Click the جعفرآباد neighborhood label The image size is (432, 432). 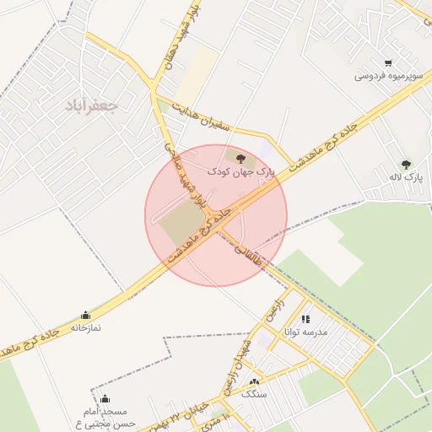pos(93,105)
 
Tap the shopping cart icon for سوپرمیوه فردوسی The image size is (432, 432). pos(387,62)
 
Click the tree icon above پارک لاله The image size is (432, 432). pos(406,165)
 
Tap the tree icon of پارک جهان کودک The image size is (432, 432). pos(241,158)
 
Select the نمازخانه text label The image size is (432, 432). pos(85,327)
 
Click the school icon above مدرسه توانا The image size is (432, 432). pos(305,319)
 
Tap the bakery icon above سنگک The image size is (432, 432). pos(253,382)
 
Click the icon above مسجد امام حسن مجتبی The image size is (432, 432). pos(105,399)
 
